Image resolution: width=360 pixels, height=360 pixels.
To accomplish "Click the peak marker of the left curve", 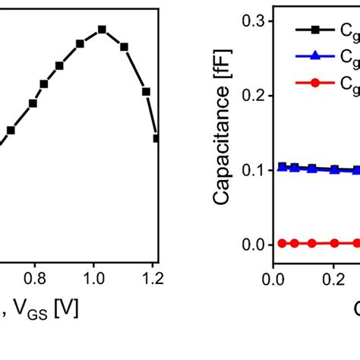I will click(x=102, y=30).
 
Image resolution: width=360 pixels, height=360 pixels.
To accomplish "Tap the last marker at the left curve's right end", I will click(x=156, y=138).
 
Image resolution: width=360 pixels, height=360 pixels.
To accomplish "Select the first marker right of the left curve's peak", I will click(x=125, y=47).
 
